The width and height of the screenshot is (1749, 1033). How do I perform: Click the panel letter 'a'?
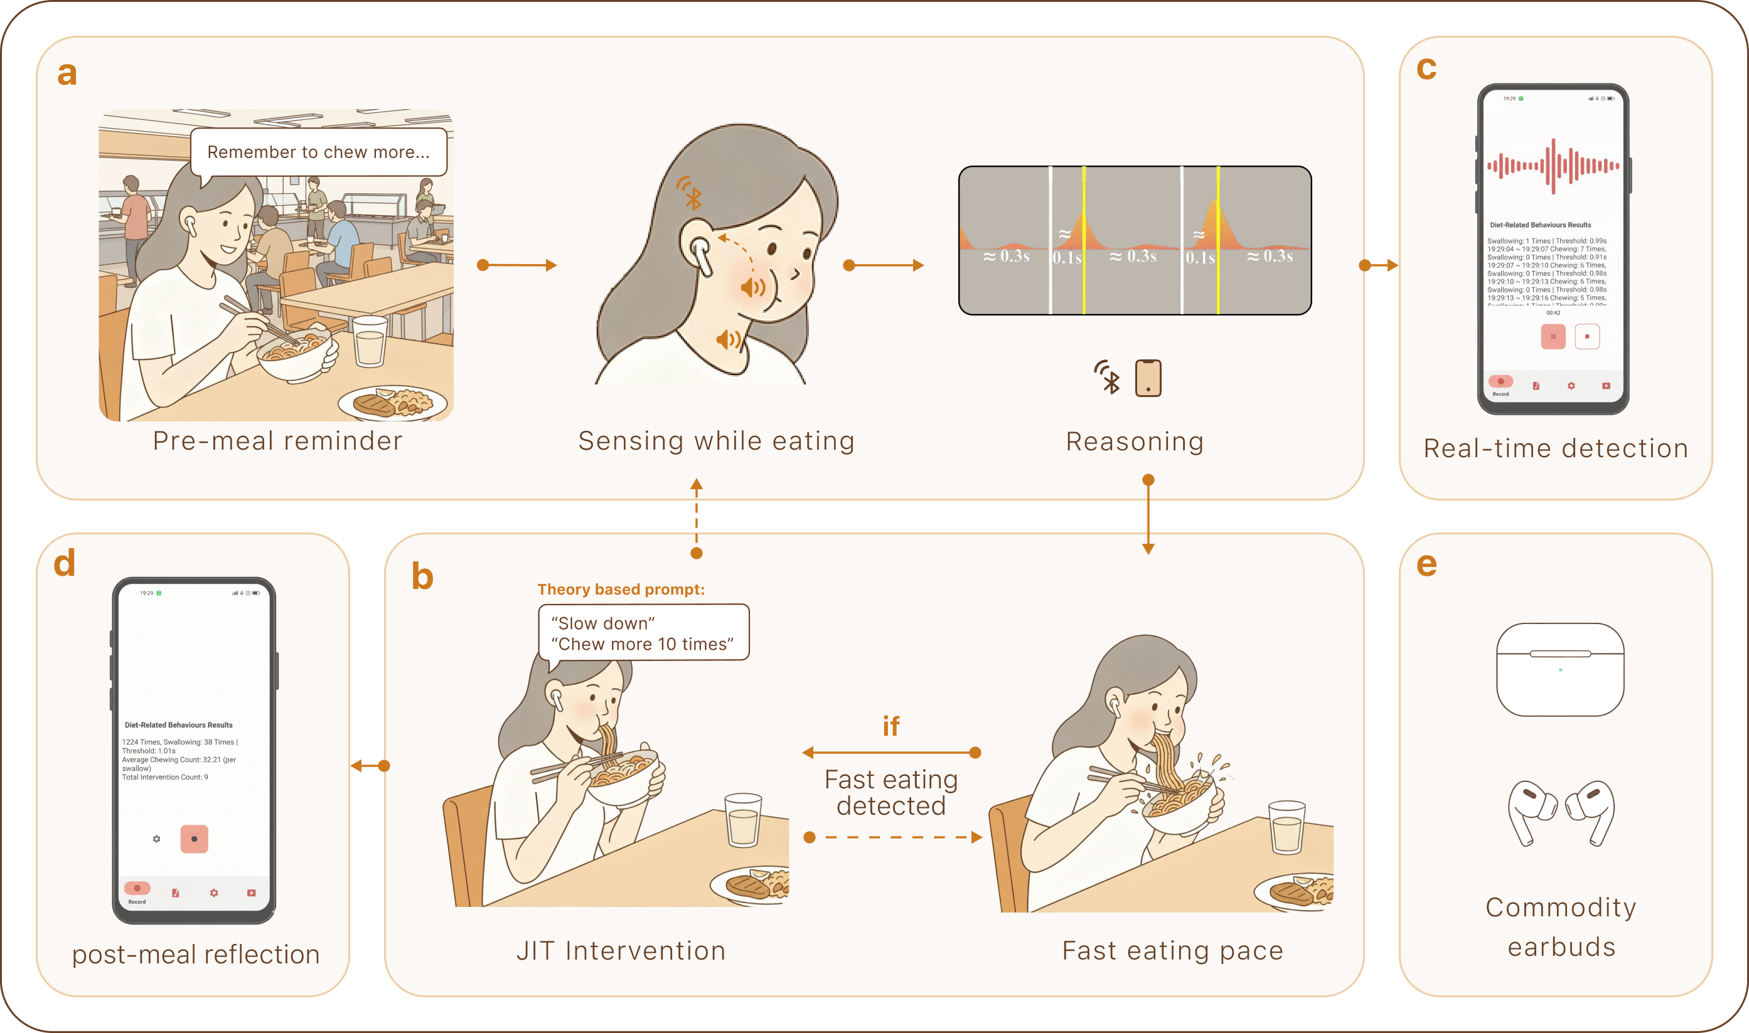click(67, 73)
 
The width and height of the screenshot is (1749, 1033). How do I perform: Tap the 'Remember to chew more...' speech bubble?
click(318, 152)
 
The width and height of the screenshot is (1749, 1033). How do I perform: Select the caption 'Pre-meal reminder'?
click(277, 442)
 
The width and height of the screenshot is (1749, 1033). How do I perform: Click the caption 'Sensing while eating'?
click(716, 442)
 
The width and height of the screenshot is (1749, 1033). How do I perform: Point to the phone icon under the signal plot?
click(1148, 378)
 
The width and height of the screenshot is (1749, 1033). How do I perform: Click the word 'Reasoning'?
click(1135, 442)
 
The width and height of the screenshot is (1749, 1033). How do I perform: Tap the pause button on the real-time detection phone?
click(1553, 337)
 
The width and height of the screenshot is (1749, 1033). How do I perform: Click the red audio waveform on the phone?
click(1553, 166)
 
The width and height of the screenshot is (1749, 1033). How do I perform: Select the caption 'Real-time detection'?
click(1556, 449)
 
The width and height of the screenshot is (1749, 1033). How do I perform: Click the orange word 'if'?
click(891, 727)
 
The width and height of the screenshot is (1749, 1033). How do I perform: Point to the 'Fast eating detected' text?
click(891, 792)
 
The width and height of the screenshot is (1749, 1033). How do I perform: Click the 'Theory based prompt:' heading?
click(621, 590)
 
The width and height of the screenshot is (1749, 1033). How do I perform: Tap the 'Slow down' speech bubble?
click(643, 633)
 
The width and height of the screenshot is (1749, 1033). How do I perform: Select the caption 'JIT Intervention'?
click(621, 951)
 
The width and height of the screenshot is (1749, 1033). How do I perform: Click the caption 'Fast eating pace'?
click(1172, 951)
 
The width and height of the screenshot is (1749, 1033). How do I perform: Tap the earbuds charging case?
click(1560, 670)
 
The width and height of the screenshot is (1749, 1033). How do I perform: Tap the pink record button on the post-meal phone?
click(195, 839)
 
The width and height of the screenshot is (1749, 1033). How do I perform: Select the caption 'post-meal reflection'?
click(196, 955)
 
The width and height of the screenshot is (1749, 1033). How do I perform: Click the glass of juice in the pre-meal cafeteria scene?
click(369, 341)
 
